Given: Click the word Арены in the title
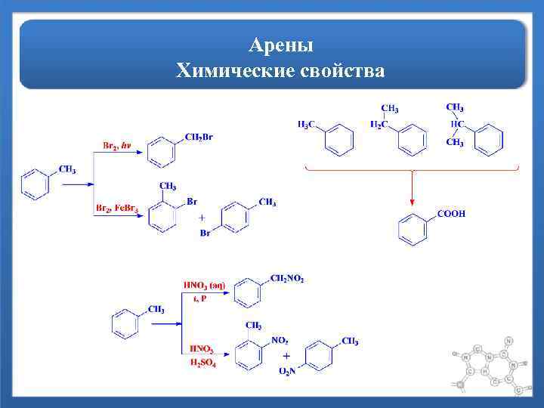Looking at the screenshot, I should coord(280,46).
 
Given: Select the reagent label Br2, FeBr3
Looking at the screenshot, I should coord(116,208).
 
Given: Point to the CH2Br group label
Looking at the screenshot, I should coord(199,137).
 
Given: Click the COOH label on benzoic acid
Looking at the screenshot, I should coord(451,214).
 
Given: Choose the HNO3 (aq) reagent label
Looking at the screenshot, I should coord(204,285).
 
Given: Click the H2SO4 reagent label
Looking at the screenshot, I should coord(204,364).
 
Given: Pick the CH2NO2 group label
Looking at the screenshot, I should coord(286,280).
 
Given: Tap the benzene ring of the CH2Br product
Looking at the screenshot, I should coord(162,151).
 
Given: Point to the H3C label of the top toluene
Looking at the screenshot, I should coord(308,124).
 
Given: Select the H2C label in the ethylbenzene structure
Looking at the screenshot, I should coord(380,124).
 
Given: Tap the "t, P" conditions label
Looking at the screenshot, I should coord(200,298).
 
